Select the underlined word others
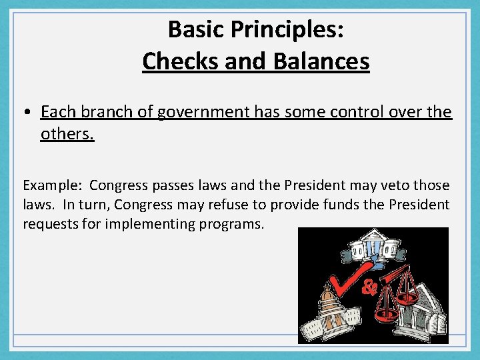(67, 134)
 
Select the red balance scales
(397, 293)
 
